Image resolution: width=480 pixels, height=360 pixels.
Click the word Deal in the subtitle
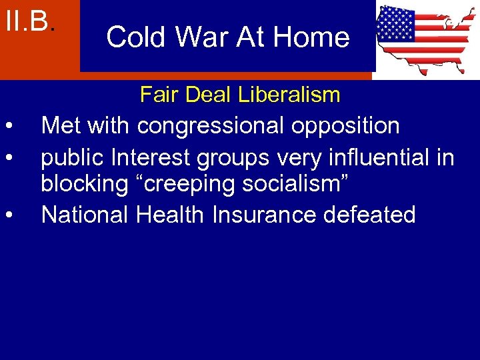pos(203,95)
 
